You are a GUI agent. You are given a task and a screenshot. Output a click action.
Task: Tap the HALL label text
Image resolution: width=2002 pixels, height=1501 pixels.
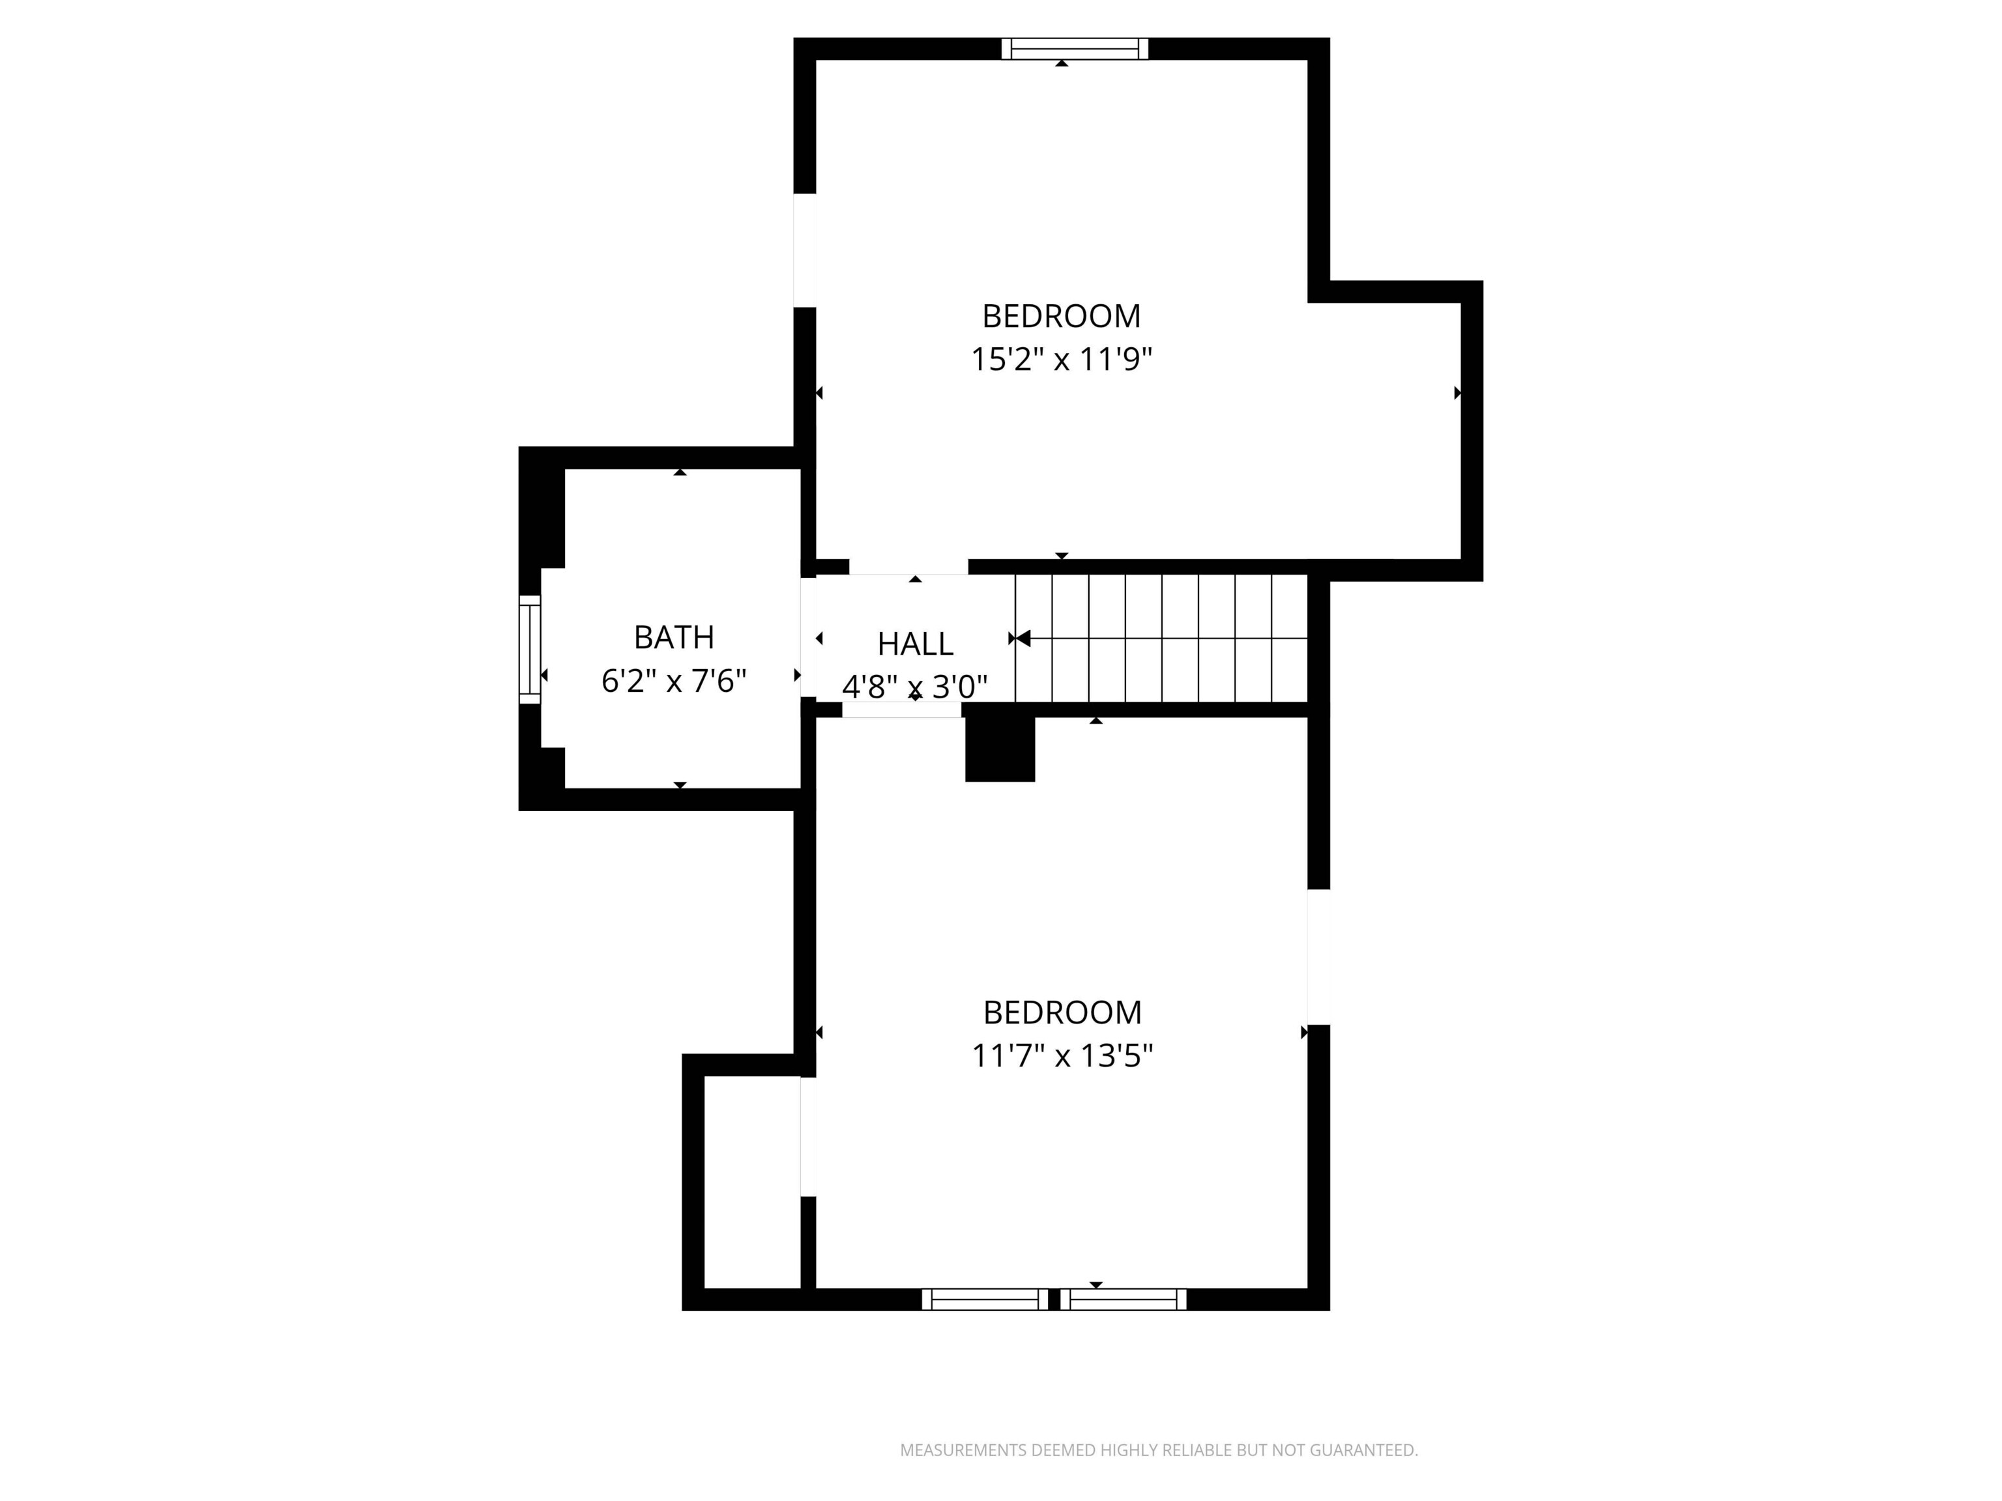pos(915,643)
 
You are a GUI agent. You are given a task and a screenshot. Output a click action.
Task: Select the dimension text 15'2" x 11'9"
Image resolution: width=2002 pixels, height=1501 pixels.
pos(1061,359)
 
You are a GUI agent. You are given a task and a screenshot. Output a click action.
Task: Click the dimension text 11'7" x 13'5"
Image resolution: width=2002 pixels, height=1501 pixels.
pos(1062,1055)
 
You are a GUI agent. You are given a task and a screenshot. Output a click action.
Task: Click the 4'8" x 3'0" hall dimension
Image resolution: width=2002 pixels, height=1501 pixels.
pos(914,687)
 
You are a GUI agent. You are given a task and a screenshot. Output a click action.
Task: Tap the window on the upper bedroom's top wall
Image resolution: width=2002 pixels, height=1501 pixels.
pos(1074,49)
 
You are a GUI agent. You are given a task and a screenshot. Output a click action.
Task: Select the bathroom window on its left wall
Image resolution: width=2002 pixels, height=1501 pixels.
pos(529,649)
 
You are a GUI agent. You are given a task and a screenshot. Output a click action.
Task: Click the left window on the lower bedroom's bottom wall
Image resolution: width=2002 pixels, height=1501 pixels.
pos(985,1299)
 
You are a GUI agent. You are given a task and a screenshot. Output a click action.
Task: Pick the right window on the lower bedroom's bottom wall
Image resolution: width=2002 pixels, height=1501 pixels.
pos(1123,1299)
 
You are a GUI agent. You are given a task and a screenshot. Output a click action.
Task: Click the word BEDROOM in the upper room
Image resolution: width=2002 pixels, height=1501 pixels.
pos(1061,316)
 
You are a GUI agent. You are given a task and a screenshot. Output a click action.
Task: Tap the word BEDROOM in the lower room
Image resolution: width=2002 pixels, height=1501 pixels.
pos(1062,1012)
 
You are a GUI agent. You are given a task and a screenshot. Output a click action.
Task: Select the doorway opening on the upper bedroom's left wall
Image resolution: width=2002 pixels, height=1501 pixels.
pos(805,251)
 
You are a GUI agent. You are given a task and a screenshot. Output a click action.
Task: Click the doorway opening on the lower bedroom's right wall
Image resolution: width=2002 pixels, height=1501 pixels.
pos(1318,956)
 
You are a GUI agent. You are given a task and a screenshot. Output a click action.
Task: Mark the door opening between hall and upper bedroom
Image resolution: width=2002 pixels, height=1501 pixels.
pos(908,567)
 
